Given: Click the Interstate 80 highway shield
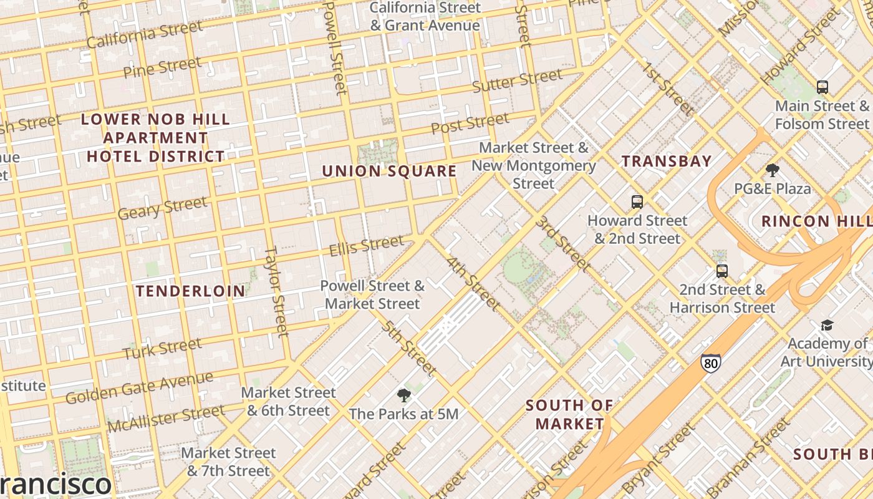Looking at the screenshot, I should click(x=710, y=363).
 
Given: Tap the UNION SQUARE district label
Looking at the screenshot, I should click(x=389, y=171).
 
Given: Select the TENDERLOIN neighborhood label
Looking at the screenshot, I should click(x=191, y=291).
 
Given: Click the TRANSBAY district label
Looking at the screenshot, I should click(x=667, y=161).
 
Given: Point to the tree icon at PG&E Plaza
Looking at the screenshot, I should click(x=772, y=170).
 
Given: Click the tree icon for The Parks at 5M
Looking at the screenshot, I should click(x=403, y=395).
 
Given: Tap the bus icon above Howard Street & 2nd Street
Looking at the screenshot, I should click(x=637, y=202).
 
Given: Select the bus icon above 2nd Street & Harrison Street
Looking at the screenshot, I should click(x=722, y=271).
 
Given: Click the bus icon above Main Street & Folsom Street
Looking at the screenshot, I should click(x=822, y=87).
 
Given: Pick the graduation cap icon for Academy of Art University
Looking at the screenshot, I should click(x=827, y=325).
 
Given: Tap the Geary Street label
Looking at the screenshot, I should click(x=162, y=208).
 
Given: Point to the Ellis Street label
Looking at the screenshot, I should click(x=366, y=245).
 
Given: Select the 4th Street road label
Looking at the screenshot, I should click(x=473, y=283).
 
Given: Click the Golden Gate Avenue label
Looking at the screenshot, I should click(x=139, y=387).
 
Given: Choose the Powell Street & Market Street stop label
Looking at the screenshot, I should click(x=372, y=295).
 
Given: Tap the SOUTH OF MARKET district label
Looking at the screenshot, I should click(x=569, y=414).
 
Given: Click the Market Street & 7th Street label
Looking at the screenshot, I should click(x=228, y=462).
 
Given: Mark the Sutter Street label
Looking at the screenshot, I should click(x=517, y=80).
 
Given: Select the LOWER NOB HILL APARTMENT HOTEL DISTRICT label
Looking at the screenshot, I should click(x=156, y=137).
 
